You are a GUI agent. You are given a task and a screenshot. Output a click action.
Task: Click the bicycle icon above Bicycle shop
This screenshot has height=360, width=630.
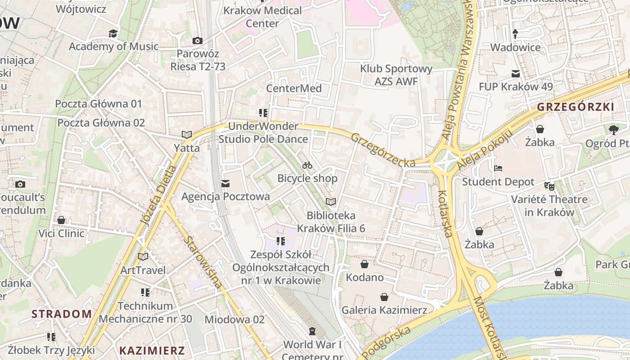pos(307,166)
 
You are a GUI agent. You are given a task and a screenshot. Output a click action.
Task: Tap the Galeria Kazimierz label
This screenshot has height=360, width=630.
pos(384,310)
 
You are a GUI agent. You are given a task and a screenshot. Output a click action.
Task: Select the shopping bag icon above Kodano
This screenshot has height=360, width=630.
pos(364,264)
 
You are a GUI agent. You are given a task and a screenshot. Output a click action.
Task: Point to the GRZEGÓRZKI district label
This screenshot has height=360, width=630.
pos(576,107)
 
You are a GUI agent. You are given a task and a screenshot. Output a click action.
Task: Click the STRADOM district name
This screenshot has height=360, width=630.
pos(61,314)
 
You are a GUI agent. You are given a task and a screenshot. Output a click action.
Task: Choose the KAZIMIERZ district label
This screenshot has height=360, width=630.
pos(152,351)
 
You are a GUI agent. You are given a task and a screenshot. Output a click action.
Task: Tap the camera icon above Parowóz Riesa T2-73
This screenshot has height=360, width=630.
pos(197,41)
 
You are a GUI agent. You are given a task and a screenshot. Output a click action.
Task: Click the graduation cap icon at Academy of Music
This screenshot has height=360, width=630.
pos(113,34)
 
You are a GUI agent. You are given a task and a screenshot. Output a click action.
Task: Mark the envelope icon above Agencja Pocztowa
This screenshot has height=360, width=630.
pos(225,184)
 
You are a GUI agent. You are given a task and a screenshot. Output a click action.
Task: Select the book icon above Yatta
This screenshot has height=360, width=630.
pos(187,135)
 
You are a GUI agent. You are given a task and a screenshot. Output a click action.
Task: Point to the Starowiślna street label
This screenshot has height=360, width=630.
pos(202,262)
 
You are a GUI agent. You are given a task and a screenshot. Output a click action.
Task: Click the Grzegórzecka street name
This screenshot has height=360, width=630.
pos(382,150)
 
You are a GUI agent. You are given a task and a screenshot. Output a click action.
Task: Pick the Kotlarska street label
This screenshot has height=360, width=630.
pos(445,213)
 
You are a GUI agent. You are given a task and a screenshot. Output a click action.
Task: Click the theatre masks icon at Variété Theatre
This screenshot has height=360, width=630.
pos(549,185)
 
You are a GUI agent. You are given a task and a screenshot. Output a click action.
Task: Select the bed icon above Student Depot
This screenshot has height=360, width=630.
pos(498,168)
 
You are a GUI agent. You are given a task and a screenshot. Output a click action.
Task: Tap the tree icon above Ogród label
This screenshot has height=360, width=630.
pos(613,130)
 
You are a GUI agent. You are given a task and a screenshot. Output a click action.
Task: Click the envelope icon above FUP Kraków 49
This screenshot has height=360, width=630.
pos(516,74)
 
